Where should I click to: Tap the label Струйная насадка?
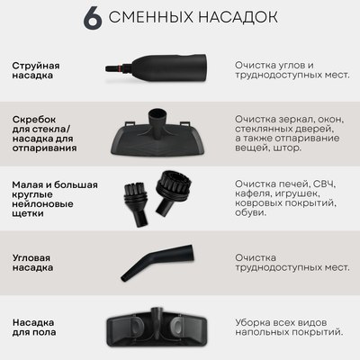pos(39,72)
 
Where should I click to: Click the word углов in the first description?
pos(284,67)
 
